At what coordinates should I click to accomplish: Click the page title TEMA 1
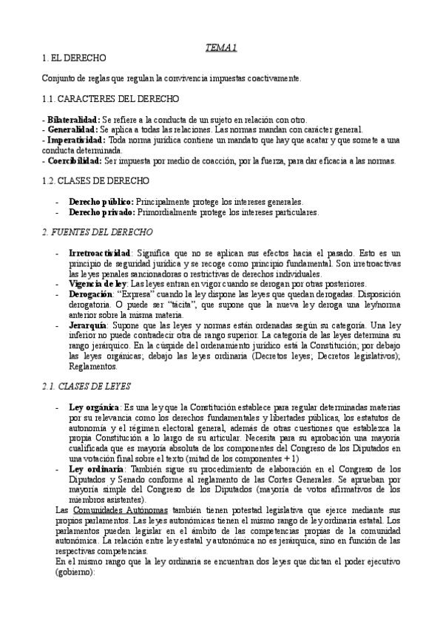[220, 48]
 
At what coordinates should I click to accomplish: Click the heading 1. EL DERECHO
[75, 58]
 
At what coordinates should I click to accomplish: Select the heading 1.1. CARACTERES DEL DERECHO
[109, 99]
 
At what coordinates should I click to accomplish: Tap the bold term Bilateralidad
[73, 120]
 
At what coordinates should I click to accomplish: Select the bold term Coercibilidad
[73, 160]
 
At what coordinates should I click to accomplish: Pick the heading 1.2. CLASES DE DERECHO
[96, 180]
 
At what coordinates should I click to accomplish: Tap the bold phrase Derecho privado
[101, 212]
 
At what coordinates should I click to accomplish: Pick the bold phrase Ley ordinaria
[95, 469]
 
